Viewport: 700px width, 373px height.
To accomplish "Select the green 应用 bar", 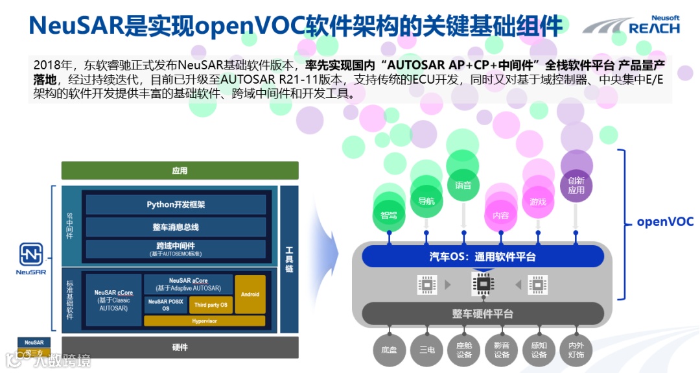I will [x=180, y=171].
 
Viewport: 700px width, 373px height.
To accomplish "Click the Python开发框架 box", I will [x=176, y=204].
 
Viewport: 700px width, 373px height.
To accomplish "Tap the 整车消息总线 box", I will [x=176, y=227].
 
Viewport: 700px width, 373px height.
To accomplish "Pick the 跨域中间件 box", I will [x=176, y=249].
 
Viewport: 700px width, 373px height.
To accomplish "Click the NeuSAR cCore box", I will [x=113, y=300].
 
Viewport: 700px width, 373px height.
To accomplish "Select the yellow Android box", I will [x=250, y=294].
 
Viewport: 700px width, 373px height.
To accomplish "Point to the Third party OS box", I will [x=211, y=305].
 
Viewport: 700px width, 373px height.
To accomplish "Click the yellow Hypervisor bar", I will [x=204, y=320].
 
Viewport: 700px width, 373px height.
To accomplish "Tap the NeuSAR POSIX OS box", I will [x=165, y=305].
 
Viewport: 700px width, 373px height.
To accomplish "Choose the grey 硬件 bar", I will [x=180, y=347].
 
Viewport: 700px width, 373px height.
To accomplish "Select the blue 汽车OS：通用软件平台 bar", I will [x=482, y=256].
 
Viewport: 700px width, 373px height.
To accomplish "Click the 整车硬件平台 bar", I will [x=482, y=313].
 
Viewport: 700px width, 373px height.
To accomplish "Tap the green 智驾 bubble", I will [x=389, y=213].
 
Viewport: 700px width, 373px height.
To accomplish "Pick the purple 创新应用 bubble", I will [x=576, y=186].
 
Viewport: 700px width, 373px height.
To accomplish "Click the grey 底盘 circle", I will [x=389, y=350].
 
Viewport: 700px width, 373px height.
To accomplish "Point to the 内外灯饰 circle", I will [x=576, y=350].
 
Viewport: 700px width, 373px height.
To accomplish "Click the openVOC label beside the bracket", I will [x=665, y=221].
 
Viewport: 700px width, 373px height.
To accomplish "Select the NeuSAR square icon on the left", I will [x=30, y=254].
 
